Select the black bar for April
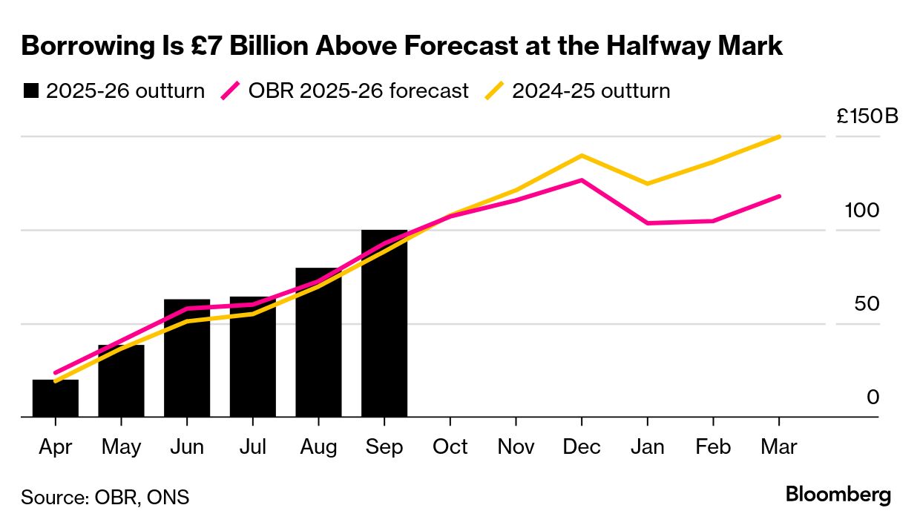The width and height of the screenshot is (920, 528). pos(56,399)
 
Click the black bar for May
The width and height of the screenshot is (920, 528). pos(121,381)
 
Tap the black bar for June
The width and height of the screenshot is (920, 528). pos(187,359)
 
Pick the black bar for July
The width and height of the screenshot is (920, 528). pos(252,357)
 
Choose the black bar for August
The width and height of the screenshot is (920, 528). pos(318,343)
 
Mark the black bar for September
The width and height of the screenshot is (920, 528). pos(384,324)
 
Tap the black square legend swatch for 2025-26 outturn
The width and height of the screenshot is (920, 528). pos(30,91)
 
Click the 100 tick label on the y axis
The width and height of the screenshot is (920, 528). pos(861,211)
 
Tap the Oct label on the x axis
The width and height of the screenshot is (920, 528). pos(450,447)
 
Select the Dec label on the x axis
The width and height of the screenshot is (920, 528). pos(582,447)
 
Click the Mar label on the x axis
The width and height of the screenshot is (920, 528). pos(779,447)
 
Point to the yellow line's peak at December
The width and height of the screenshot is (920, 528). pos(582,156)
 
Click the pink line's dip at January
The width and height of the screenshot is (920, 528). pos(648,223)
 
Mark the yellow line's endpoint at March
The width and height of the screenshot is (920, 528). pos(779,136)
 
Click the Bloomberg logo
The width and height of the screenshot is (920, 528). pos(838,495)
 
